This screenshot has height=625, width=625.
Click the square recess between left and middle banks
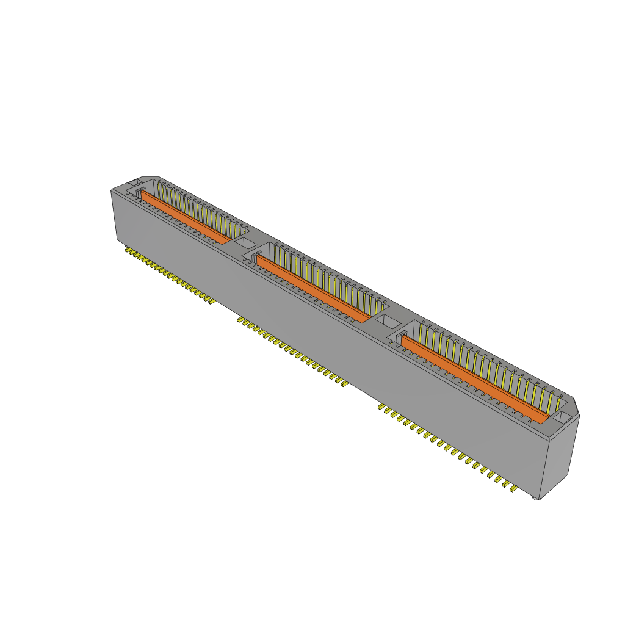(245, 242)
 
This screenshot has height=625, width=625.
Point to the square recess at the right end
(563, 417)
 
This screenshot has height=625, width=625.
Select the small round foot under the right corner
(536, 499)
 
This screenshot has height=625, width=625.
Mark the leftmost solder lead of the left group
(128, 249)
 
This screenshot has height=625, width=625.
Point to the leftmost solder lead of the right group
(381, 406)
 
